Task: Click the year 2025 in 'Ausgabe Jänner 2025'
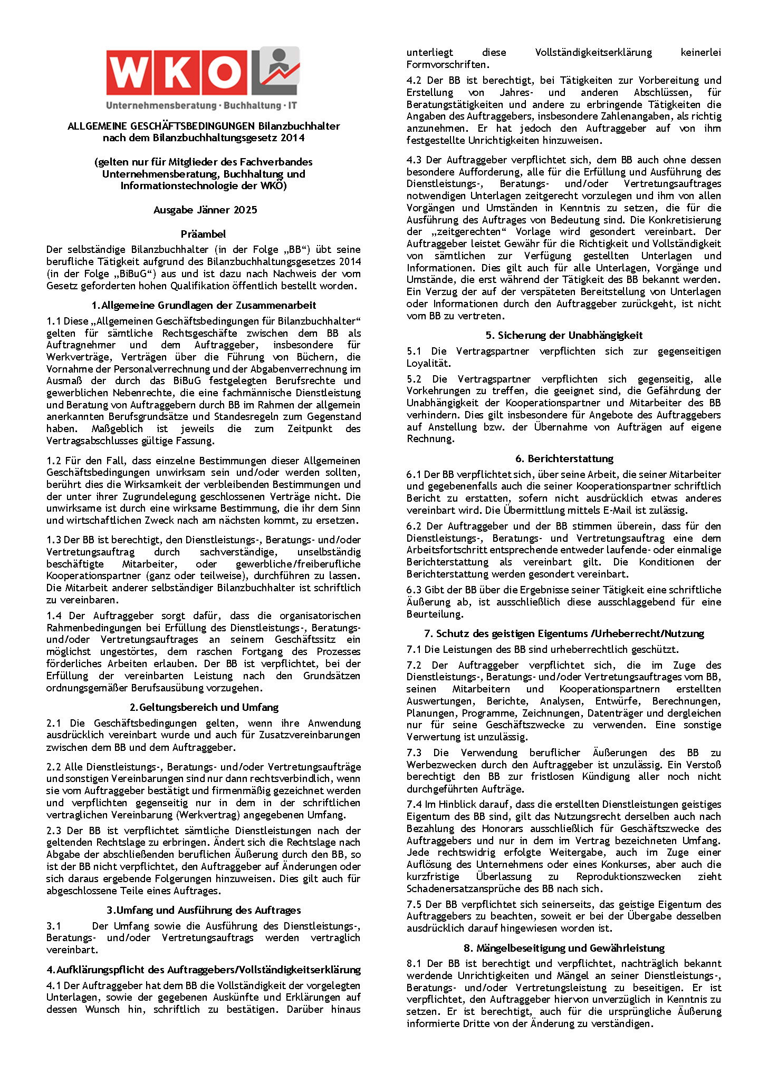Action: coord(245,210)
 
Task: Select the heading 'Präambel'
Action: coord(203,234)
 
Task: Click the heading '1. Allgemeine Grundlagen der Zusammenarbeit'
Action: coord(204,305)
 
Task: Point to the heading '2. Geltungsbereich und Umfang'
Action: coord(204,707)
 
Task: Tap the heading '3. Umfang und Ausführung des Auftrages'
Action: coord(204,910)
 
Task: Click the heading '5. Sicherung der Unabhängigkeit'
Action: coord(564,335)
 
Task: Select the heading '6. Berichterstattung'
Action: coord(564,458)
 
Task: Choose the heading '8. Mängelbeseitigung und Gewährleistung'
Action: coord(564,948)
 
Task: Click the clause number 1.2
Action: coord(53,461)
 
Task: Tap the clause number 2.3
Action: coord(53,830)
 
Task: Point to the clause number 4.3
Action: coord(414,160)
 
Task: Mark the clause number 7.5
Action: coord(414,904)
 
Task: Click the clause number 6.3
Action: coord(414,590)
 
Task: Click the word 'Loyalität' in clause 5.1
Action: coord(427,364)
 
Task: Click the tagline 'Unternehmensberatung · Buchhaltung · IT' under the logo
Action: coord(201,105)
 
